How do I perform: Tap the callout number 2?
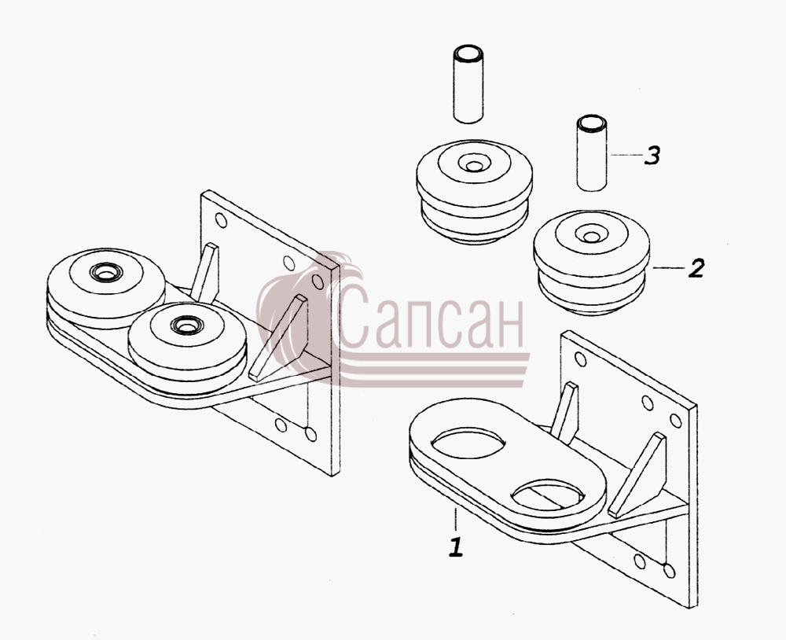coord(696,268)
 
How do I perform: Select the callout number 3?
coord(651,156)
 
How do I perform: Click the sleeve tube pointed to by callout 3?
coord(592,153)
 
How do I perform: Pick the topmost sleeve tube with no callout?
coord(468,84)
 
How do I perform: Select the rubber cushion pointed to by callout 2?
coord(592,263)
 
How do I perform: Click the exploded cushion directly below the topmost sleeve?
coord(474,192)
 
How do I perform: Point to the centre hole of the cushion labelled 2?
coord(592,237)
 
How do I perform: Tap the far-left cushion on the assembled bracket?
coord(106,288)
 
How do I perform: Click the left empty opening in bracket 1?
coord(468,443)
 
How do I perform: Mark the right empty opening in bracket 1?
coord(547,494)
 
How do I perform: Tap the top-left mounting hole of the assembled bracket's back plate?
coord(221,219)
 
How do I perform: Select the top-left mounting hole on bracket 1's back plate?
coord(581,359)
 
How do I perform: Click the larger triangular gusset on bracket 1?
coord(637,476)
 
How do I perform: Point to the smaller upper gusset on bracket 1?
coord(564,412)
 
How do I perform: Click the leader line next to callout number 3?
coord(626,155)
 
